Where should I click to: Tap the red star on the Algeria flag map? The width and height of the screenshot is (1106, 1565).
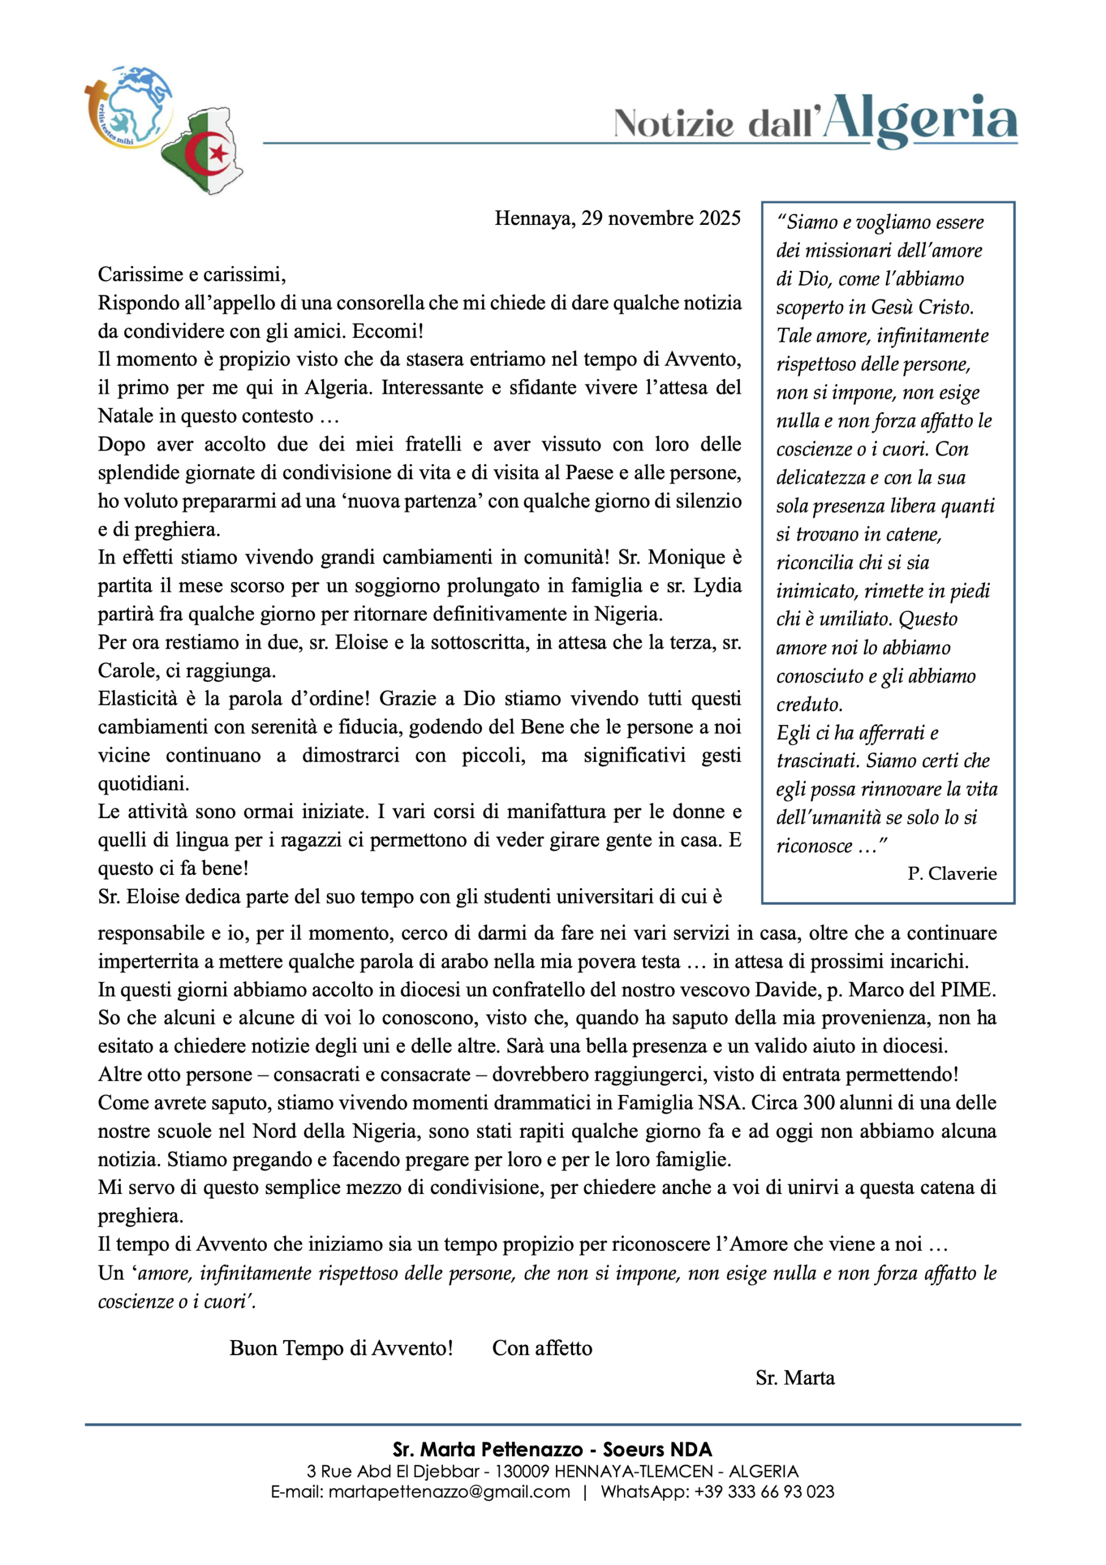218,152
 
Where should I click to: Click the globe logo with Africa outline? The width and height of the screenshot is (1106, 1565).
130,106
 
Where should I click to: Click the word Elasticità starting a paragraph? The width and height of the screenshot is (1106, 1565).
141,699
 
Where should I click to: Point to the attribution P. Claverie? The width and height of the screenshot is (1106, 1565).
952,874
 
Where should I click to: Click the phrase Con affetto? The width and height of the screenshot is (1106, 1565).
542,1348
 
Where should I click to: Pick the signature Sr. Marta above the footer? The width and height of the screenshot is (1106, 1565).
794,1378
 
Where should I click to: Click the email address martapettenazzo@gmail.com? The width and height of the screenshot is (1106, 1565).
449,1492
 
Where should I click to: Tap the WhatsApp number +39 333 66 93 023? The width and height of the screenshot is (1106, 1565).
764,1492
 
